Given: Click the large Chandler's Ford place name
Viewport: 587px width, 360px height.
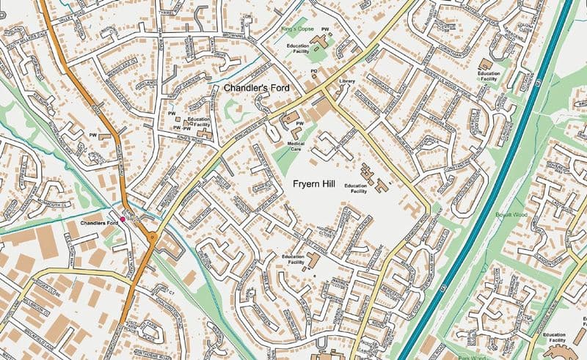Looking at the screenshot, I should (x=257, y=88).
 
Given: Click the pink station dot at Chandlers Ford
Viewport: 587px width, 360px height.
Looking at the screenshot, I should (x=123, y=218).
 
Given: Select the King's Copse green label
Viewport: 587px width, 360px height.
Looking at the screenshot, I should (x=297, y=28).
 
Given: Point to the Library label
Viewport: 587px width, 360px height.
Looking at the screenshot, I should (x=347, y=80).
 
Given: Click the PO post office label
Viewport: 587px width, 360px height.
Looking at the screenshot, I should (x=313, y=71).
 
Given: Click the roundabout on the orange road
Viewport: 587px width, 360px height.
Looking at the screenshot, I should (x=153, y=236).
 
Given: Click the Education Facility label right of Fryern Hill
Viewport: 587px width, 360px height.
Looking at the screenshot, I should (x=356, y=188).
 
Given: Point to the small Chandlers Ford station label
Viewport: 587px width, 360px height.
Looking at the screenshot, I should (x=99, y=222).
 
